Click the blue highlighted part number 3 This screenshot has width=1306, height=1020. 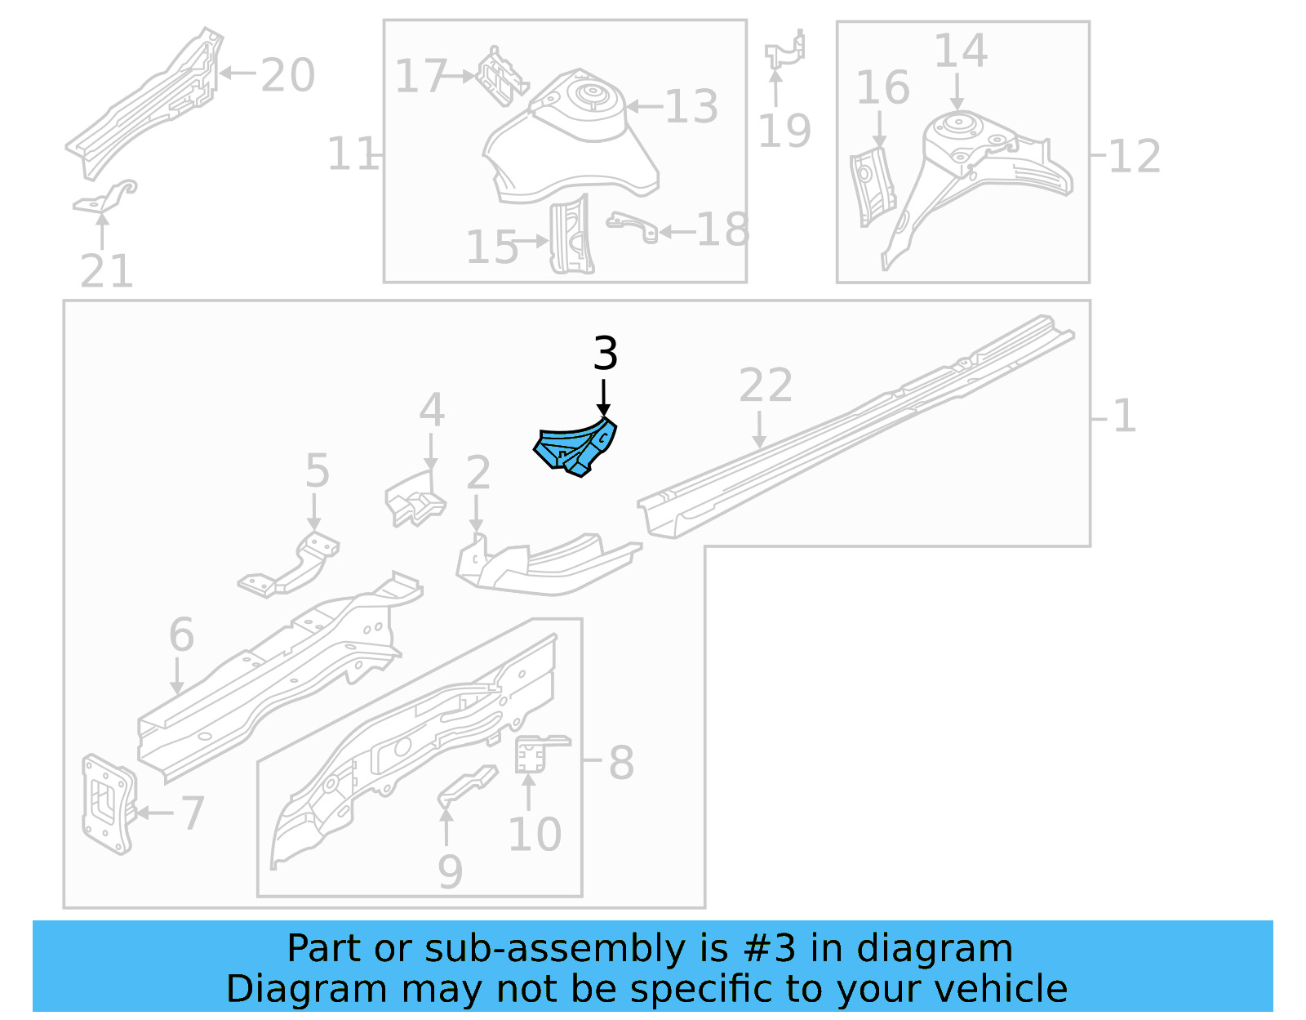pyautogui.click(x=575, y=448)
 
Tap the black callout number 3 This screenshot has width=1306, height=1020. pyautogui.click(x=605, y=354)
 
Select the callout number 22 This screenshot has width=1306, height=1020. pyautogui.click(x=765, y=385)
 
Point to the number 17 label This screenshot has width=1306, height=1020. pyautogui.click(x=420, y=76)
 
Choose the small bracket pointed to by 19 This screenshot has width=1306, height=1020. pyautogui.click(x=785, y=50)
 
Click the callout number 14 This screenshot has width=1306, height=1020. pyautogui.click(x=960, y=51)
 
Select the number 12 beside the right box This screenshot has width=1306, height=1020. pyautogui.click(x=1135, y=156)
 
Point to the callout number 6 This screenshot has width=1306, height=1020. pyautogui.click(x=181, y=635)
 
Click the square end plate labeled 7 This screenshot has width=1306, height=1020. pyautogui.click(x=107, y=804)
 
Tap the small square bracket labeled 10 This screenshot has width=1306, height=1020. pyautogui.click(x=532, y=753)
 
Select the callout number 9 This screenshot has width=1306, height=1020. pyautogui.click(x=450, y=871)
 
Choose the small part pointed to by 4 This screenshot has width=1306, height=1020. pyautogui.click(x=414, y=500)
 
